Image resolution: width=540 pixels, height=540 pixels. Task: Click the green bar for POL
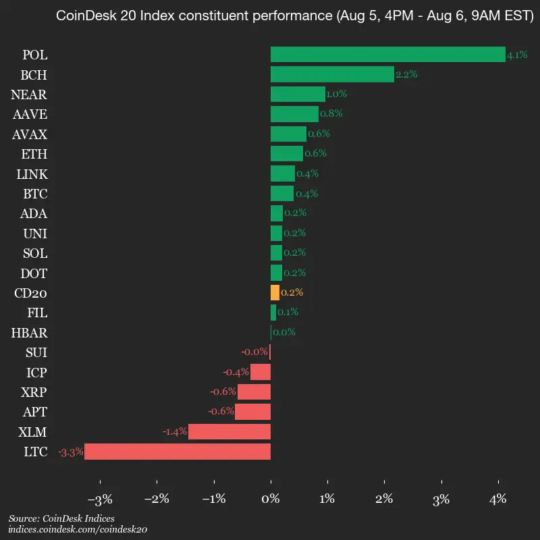pyautogui.click(x=387, y=55)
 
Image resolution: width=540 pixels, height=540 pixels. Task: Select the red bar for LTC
pyautogui.click(x=177, y=452)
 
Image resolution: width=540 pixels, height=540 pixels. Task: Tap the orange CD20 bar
pyautogui.click(x=275, y=293)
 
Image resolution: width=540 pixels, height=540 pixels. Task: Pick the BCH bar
pyautogui.click(x=331, y=74)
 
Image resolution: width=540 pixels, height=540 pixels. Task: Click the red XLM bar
pyautogui.click(x=229, y=432)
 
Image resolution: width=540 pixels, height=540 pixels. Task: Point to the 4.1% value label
pyautogui.click(x=517, y=55)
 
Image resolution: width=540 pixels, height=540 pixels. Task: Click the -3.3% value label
pyautogui.click(x=70, y=452)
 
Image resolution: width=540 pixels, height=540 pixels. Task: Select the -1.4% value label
pyautogui.click(x=174, y=432)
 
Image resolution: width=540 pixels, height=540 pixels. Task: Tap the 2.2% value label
pyautogui.click(x=406, y=74)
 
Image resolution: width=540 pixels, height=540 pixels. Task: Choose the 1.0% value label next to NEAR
pyautogui.click(x=337, y=94)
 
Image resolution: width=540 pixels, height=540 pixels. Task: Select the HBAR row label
pyautogui.click(x=29, y=333)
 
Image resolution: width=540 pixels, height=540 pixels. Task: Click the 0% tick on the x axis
pyautogui.click(x=271, y=500)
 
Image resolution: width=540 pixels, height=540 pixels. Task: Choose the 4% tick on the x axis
pyautogui.click(x=498, y=500)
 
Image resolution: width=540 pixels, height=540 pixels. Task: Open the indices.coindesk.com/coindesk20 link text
pyautogui.click(x=78, y=530)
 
